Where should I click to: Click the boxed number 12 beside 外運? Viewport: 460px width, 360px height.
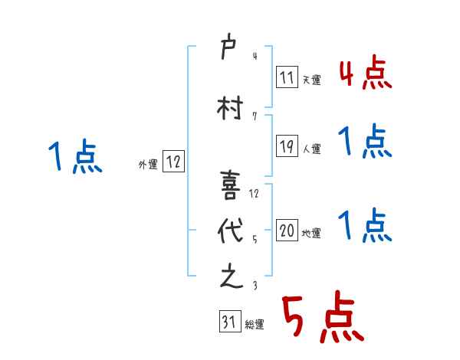173,162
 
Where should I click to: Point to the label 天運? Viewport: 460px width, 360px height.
312,79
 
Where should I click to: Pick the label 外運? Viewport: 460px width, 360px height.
147,164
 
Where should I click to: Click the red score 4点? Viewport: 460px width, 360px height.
365,74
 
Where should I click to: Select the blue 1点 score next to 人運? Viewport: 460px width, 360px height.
365,142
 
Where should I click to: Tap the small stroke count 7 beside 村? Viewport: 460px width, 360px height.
254,116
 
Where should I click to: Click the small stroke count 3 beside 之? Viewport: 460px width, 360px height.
254,285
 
